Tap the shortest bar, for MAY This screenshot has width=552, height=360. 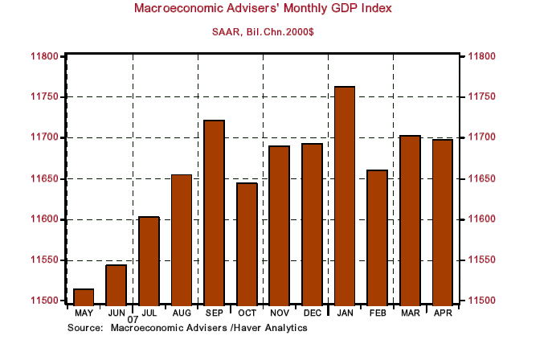click(84, 297)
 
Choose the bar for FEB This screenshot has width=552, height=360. click(378, 237)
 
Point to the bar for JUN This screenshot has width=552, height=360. click(117, 284)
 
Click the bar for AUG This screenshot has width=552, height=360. click(182, 239)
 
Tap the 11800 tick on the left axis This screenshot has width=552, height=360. click(44, 56)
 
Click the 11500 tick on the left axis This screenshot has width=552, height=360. click(44, 301)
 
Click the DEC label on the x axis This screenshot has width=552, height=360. click(312, 312)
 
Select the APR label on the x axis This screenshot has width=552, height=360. click(443, 312)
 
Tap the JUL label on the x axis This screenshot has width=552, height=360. click(149, 312)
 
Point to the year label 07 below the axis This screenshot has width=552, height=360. click(133, 320)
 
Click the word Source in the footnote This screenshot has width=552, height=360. click(84, 328)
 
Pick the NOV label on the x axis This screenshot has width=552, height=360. click(279, 312)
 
